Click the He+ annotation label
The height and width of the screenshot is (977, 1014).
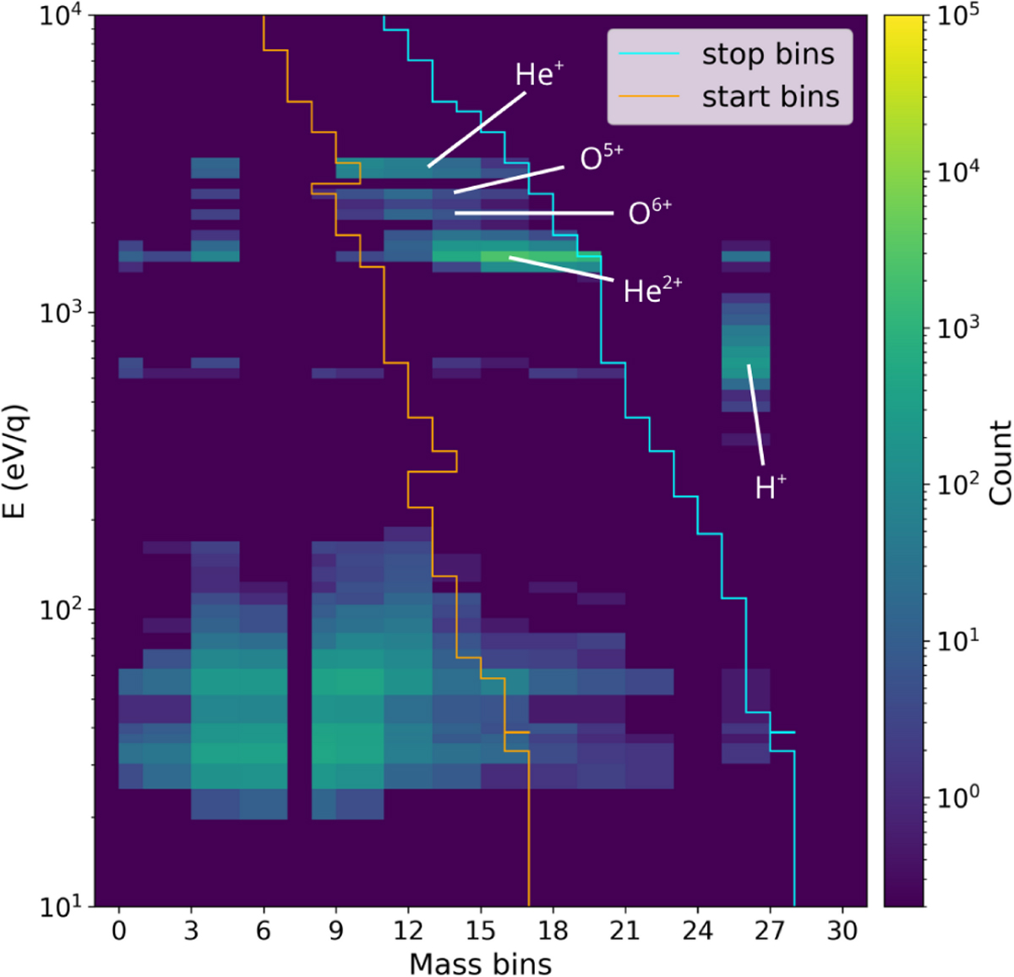coord(539,75)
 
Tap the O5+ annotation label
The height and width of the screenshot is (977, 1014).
coord(601,158)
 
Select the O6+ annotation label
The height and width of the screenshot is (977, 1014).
coord(649,212)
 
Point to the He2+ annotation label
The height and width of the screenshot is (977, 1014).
coord(651,291)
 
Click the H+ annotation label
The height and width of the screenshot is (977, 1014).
coord(770,488)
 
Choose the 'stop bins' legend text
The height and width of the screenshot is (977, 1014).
coord(768,54)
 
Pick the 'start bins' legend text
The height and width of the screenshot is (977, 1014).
coord(771,96)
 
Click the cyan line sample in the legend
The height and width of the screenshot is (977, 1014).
coord(649,54)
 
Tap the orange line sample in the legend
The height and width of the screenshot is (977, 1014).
coord(649,96)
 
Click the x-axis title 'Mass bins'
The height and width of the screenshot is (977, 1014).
coord(480,963)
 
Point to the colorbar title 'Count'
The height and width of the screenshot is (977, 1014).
coord(1000,462)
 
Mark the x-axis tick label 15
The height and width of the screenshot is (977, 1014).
coord(480,931)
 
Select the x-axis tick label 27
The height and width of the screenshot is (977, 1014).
coord(770,931)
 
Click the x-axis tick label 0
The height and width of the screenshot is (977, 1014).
coord(118,931)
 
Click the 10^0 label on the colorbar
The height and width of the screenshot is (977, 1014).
coord(959,796)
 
